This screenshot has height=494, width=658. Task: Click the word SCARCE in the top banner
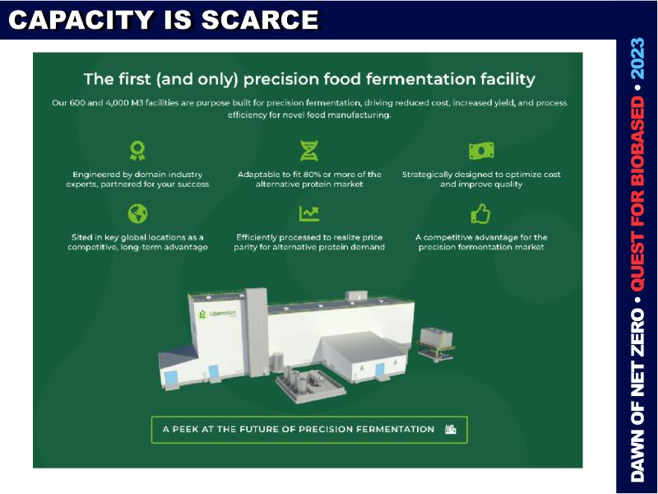point(260,20)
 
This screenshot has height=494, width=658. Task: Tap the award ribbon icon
point(137,151)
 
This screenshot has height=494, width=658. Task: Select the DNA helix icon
point(309,151)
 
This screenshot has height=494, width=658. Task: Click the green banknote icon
point(481,151)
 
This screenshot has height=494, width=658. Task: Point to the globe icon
point(137,214)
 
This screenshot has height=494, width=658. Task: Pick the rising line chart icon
point(309,214)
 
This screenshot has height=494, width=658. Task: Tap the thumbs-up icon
point(480,214)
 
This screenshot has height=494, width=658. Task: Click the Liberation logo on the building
point(217,314)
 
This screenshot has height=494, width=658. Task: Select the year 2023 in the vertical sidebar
point(638,58)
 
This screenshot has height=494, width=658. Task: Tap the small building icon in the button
point(450,429)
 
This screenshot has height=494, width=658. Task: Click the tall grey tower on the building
point(256,331)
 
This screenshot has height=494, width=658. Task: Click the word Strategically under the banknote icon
point(427,175)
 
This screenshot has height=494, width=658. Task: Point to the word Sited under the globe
point(81,237)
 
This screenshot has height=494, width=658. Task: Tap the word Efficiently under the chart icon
point(257,238)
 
